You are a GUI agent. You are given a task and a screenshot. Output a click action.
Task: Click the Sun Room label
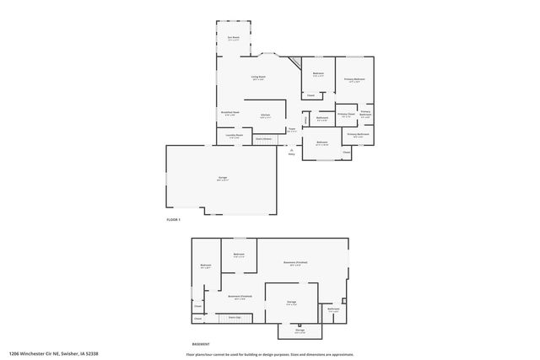(x=233, y=38)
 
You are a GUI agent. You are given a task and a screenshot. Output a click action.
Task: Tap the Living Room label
(x=258, y=78)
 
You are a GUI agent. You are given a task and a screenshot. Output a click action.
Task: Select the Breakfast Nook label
(x=230, y=112)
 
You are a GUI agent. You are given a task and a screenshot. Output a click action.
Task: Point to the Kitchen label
(x=265, y=115)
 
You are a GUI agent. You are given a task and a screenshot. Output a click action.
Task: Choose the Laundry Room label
(x=234, y=135)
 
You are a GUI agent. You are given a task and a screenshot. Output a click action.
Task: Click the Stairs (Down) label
(x=264, y=137)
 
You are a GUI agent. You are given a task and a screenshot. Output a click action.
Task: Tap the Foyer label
(x=291, y=129)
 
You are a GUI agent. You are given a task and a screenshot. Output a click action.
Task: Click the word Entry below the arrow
(x=292, y=154)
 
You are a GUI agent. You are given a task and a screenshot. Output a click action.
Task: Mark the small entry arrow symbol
(x=292, y=149)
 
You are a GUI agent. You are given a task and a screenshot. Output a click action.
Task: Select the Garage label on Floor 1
(x=223, y=178)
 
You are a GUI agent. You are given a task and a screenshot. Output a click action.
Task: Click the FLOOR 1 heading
(x=174, y=220)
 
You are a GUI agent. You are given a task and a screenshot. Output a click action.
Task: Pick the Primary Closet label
(x=346, y=114)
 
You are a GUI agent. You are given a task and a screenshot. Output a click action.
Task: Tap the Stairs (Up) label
(x=235, y=317)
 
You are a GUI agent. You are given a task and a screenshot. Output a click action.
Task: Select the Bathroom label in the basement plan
(x=333, y=309)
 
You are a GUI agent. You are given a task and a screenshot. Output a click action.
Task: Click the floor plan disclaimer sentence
(x=271, y=354)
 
